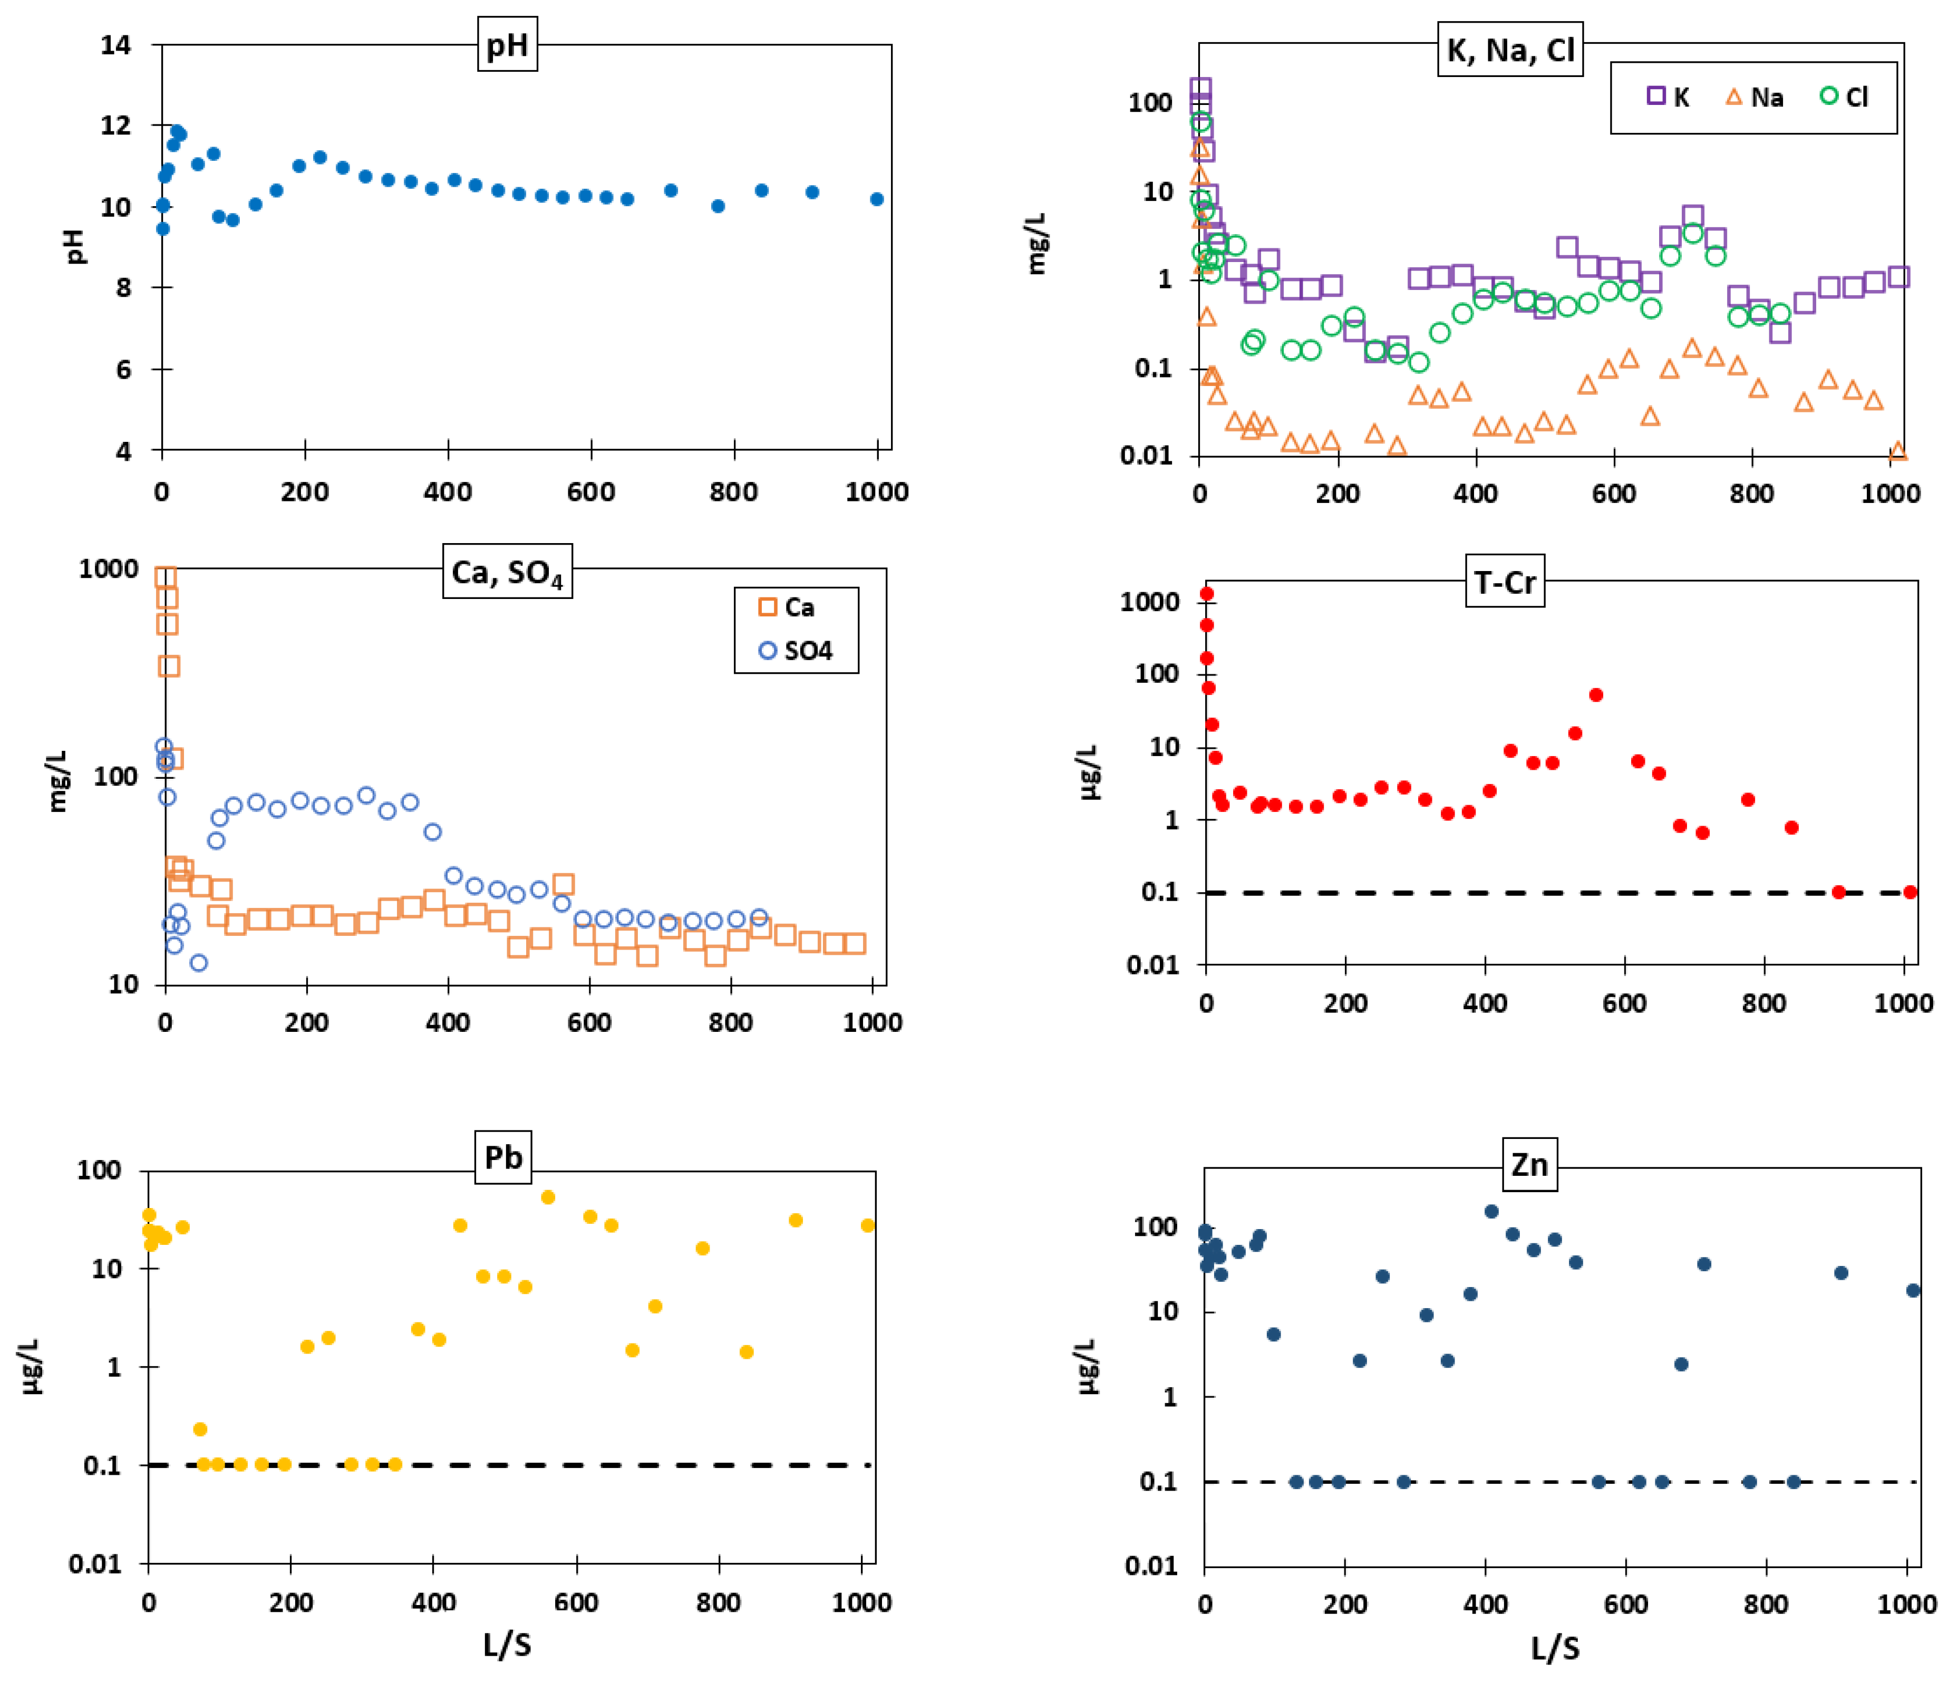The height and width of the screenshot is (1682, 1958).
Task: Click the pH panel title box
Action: tap(507, 44)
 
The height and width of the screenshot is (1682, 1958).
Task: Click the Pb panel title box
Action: tap(503, 1157)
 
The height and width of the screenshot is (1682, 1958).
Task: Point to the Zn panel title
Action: tap(1529, 1164)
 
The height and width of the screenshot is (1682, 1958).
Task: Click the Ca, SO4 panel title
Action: tap(508, 572)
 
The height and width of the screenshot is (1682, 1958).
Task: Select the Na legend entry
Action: tap(1755, 98)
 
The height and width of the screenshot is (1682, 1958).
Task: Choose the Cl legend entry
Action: tap(1845, 98)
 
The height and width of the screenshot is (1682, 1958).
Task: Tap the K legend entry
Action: tap(1668, 98)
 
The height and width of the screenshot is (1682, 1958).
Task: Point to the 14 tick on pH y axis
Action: tap(116, 44)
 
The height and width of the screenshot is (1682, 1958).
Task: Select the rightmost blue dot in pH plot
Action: tap(877, 199)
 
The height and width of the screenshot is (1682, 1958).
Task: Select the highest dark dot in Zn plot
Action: tap(1492, 1212)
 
